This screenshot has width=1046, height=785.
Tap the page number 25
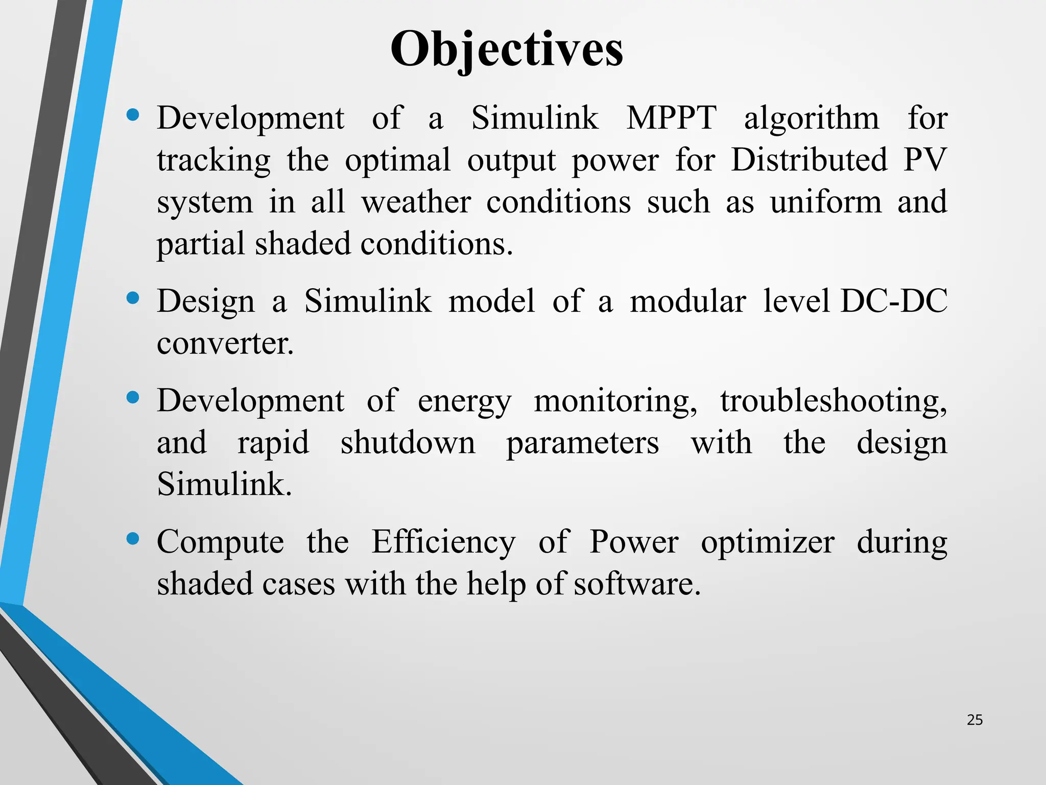pos(974,720)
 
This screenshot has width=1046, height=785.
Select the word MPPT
pos(671,118)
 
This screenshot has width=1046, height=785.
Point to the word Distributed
pos(809,160)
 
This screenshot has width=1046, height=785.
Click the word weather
pos(416,202)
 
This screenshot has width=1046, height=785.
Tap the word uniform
pos(826,202)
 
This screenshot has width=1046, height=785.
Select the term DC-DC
pos(894,301)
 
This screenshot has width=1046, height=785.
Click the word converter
pos(225,343)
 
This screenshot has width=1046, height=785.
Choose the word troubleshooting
pos(834,401)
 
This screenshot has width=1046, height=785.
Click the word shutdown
pos(408,443)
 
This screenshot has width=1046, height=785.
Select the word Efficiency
pos(443,542)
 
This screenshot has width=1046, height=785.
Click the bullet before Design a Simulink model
pos(133,298)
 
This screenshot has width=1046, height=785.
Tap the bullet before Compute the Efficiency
pos(133,539)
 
